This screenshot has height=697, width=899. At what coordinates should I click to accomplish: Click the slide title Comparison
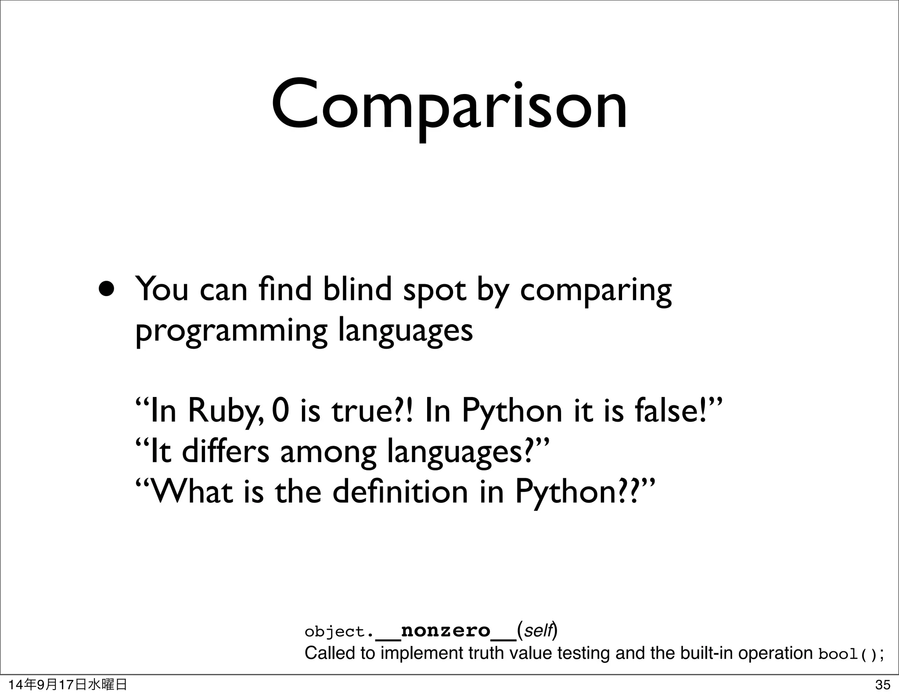pyautogui.click(x=449, y=107)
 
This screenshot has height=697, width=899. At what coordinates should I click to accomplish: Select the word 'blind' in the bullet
pyautogui.click(x=356, y=289)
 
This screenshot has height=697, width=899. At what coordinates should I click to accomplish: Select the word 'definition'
pyautogui.click(x=400, y=491)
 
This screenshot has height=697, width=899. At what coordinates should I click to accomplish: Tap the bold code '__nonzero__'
pyautogui.click(x=446, y=631)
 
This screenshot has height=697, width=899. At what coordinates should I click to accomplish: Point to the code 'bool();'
pyautogui.click(x=851, y=655)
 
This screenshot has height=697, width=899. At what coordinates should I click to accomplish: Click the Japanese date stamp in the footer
pyautogui.click(x=68, y=684)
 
